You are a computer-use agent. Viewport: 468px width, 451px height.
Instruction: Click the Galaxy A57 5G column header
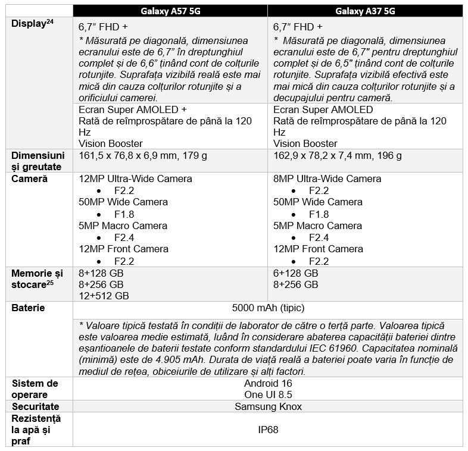(x=170, y=11)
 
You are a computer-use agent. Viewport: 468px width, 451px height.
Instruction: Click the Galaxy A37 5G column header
(x=365, y=11)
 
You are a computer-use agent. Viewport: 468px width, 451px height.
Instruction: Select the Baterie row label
(x=29, y=308)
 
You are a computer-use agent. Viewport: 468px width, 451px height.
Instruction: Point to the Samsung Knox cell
(x=268, y=406)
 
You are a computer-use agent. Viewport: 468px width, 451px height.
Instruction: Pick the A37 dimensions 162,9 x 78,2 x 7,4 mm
(x=338, y=156)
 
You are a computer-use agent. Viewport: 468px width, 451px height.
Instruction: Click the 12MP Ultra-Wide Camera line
(x=135, y=178)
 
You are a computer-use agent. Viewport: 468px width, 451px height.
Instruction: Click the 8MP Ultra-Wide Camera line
(x=327, y=178)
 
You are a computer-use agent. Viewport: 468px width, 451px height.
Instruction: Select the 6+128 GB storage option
(x=296, y=273)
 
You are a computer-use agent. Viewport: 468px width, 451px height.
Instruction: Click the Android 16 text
(x=268, y=384)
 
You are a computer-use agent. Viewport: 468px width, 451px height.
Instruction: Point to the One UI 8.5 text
(x=268, y=395)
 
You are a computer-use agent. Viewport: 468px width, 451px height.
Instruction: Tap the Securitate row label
(x=36, y=406)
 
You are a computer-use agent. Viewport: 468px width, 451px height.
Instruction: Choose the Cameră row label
(x=29, y=178)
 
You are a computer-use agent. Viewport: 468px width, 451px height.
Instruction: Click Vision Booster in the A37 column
(x=305, y=143)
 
